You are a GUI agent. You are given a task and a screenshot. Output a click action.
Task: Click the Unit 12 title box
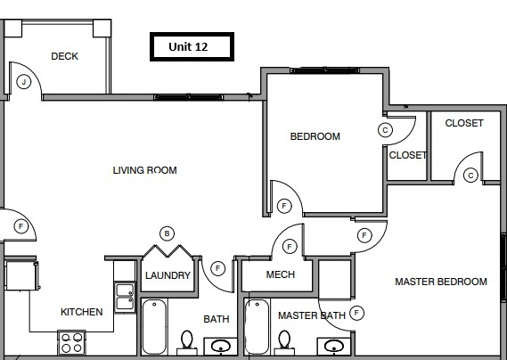[188, 46]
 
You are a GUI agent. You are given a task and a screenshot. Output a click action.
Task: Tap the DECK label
[64, 56]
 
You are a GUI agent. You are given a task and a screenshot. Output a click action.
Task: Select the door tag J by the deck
[23, 82]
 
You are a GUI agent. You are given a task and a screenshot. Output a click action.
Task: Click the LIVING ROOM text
[144, 170]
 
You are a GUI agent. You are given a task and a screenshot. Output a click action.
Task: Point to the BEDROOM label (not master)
[315, 136]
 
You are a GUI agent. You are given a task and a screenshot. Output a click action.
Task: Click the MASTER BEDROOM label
[441, 282]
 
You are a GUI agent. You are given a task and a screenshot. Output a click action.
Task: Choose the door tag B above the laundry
[166, 233]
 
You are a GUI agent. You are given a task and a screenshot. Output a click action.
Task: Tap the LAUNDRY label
[168, 275]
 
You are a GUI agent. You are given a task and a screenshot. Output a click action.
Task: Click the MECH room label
[281, 274]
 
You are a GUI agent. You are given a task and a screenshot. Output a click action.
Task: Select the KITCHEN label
[81, 312]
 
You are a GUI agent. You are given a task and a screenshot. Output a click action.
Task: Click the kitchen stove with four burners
[71, 342]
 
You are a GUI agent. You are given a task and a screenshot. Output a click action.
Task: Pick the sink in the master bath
[334, 346]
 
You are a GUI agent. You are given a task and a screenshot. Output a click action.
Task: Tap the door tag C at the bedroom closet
[385, 129]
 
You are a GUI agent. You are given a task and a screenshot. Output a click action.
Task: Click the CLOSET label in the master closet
[463, 123]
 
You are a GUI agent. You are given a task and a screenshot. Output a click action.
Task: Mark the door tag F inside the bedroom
[283, 206]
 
